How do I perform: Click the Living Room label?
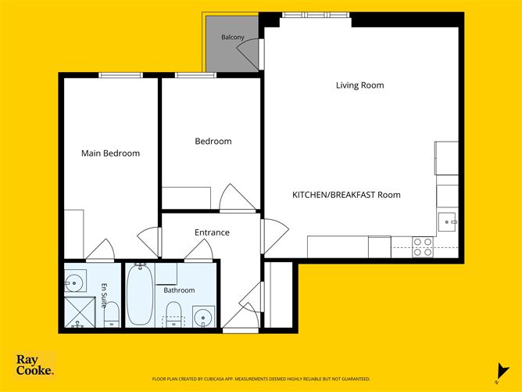tap(360, 85)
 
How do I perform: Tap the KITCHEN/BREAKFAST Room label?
tap(346, 195)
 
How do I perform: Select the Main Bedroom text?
tap(110, 153)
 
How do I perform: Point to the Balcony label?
tap(233, 37)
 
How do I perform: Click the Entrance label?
tap(212, 232)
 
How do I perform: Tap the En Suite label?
tap(104, 295)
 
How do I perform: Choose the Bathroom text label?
tap(179, 290)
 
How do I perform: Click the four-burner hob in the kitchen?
tap(423, 247)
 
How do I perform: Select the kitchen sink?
tap(447, 221)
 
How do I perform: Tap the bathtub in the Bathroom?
tap(140, 294)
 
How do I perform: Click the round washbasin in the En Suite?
tap(74, 283)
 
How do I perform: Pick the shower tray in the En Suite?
tap(80, 312)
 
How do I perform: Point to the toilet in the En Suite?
tap(112, 315)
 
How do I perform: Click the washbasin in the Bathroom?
tap(203, 316)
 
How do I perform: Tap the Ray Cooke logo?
tap(34, 365)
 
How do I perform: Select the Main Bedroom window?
tap(121, 75)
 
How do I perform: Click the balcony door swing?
tap(248, 53)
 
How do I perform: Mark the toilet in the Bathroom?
tap(173, 314)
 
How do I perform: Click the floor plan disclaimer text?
tap(261, 379)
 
